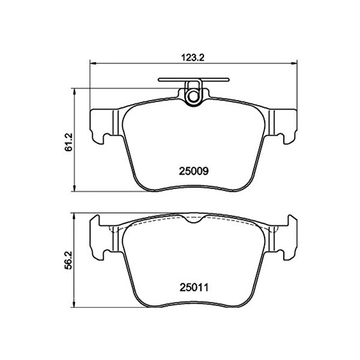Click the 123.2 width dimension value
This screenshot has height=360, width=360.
[x=193, y=58]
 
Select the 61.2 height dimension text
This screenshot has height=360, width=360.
[x=69, y=142]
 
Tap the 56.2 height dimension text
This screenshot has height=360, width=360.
[x=69, y=260]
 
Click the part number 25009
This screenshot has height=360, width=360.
[x=194, y=171]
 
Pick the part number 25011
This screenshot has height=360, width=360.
[x=194, y=287]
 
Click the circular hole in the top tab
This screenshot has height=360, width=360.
[x=193, y=96]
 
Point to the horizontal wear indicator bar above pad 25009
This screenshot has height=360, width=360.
[x=194, y=80]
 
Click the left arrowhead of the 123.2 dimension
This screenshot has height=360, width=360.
[x=92, y=63]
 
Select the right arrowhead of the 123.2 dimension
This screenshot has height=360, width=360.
[x=294, y=63]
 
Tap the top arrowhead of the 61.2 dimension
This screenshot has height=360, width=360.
[x=74, y=91]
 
